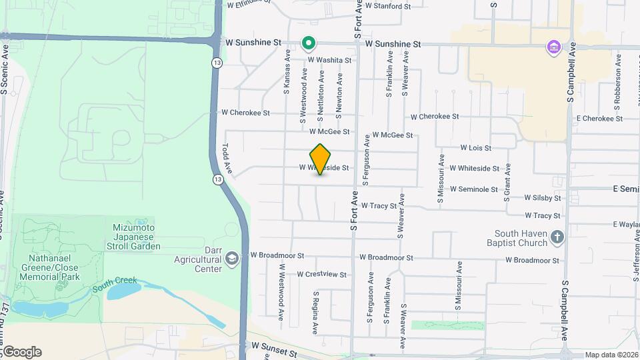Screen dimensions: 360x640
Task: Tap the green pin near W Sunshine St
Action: coord(308,44)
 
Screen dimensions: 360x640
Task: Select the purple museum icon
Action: coord(553,47)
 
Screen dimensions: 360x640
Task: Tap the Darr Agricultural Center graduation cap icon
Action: coord(231,259)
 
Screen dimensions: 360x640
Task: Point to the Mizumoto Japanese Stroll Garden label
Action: coord(136,236)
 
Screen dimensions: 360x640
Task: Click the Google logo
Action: coord(21,352)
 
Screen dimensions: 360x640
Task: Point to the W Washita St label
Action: coord(329,60)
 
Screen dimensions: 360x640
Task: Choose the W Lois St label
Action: coord(475,148)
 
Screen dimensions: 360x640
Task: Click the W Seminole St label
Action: coord(473,189)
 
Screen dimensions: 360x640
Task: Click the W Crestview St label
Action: coord(322,274)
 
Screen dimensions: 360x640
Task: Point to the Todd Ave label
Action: coord(227,159)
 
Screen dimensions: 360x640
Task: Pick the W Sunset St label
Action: coord(274,347)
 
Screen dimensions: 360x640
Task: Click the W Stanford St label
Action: coord(389,7)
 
